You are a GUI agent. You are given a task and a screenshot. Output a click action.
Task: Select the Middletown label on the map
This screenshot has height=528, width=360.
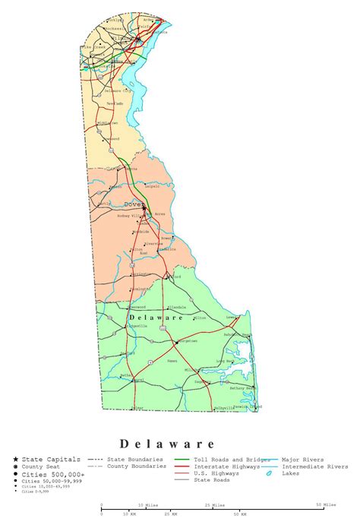tap(107, 122)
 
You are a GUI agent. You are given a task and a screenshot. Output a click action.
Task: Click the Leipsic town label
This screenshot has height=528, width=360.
tap(150, 185)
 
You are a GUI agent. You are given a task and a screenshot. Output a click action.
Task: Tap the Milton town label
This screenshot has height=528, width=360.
tap(200, 318)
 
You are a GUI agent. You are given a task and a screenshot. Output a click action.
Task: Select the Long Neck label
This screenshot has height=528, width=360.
tap(226, 362)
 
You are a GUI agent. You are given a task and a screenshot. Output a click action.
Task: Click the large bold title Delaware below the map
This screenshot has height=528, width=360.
tap(167, 443)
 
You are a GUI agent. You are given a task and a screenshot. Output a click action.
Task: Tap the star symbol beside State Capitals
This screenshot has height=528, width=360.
tap(16, 460)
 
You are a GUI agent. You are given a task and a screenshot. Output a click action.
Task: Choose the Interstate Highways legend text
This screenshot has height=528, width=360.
tap(226, 466)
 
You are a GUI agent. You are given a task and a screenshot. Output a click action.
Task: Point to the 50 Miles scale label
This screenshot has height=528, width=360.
tap(327, 504)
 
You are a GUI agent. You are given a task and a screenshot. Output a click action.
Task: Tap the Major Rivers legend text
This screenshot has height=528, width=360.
tap(303, 460)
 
